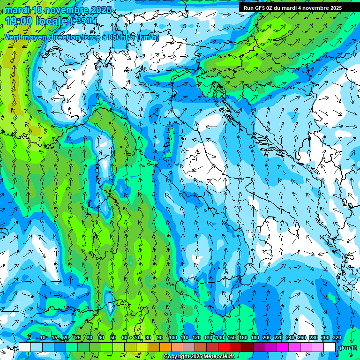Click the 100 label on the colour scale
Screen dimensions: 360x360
coord(173,337)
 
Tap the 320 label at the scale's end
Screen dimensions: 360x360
coord(337,337)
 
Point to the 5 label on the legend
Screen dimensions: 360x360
coord(30,337)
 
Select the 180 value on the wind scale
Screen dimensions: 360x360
coord(255,337)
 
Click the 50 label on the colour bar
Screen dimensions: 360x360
coord(113,337)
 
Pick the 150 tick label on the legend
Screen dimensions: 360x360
coord(232,337)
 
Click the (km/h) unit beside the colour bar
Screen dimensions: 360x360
coord(347,347)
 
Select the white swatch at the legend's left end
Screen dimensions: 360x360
coord(25,347)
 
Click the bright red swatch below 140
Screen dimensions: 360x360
coord(224,347)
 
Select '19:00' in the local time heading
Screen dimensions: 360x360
coord(17,21)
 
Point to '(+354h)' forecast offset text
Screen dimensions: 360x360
coord(84,21)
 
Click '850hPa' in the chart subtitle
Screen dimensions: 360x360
coord(122,37)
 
